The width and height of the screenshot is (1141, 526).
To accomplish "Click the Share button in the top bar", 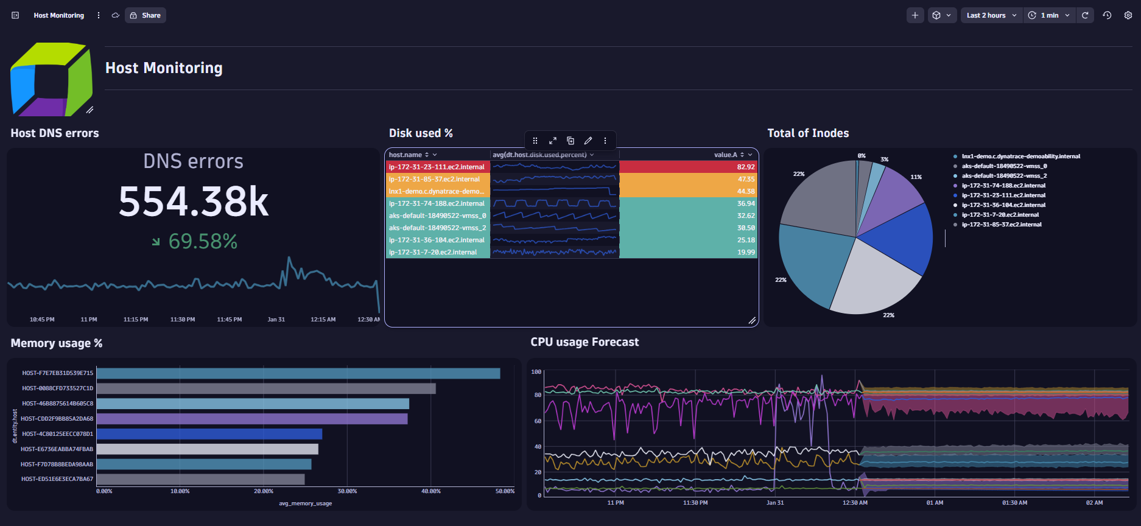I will click(146, 15).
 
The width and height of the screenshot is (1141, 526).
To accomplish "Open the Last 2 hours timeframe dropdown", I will click(991, 15).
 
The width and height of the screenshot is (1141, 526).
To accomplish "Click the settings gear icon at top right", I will click(1128, 15).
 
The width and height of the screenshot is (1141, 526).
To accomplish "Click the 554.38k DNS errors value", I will click(193, 202).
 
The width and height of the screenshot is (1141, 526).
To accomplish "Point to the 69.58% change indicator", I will click(202, 242).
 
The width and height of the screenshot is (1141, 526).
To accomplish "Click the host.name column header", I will click(405, 155).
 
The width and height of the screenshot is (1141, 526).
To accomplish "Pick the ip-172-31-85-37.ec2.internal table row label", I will click(434, 179).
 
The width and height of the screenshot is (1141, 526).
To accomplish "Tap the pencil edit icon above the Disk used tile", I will click(588, 141).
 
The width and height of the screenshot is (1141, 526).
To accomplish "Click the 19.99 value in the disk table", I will click(745, 252).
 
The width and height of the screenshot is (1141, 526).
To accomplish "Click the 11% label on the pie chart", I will click(916, 177).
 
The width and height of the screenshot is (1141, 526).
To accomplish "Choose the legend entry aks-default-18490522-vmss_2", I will click(1004, 176).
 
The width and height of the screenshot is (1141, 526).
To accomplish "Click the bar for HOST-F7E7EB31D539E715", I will click(298, 373).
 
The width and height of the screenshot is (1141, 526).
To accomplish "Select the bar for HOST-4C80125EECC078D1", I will click(209, 434).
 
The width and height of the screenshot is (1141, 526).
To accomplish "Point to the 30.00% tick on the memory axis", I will click(347, 491).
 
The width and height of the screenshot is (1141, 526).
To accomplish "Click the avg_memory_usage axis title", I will click(305, 503).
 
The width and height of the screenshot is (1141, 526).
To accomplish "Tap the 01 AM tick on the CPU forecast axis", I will click(934, 503).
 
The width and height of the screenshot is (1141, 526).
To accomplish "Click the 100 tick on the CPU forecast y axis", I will click(536, 372).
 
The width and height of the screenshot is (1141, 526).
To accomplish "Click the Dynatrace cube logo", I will click(51, 79).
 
